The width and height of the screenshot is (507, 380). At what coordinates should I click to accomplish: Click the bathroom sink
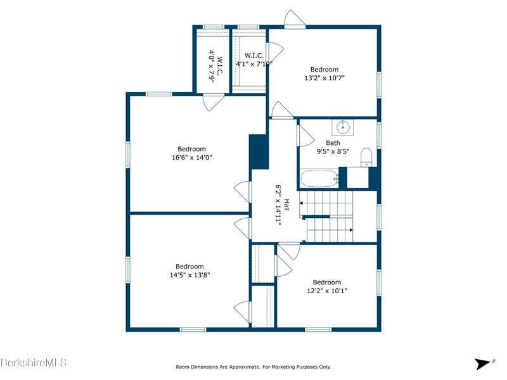pyautogui.click(x=343, y=127)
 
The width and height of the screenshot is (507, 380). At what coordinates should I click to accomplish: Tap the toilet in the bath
pyautogui.click(x=367, y=157)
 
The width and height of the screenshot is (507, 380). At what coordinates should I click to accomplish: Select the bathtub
pyautogui.click(x=319, y=179)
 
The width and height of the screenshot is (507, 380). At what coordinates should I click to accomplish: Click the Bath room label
pyautogui.click(x=333, y=143)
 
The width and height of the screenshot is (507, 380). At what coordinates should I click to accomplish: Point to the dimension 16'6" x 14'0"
pyautogui.click(x=192, y=158)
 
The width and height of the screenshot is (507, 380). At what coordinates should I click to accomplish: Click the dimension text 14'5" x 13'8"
pyautogui.click(x=189, y=275)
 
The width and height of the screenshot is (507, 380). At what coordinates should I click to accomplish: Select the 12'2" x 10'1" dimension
pyautogui.click(x=327, y=291)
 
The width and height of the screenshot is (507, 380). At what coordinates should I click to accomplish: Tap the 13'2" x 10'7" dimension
pyautogui.click(x=324, y=78)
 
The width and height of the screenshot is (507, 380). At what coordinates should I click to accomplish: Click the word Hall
pyautogui.click(x=286, y=205)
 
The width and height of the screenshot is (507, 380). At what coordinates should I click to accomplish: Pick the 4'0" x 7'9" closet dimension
pyautogui.click(x=212, y=67)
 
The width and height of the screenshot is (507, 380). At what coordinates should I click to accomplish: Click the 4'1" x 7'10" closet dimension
pyautogui.click(x=254, y=64)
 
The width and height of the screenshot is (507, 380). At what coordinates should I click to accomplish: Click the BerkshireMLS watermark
pyautogui.click(x=34, y=362)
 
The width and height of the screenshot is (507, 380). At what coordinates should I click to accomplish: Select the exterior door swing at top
pyautogui.click(x=295, y=19)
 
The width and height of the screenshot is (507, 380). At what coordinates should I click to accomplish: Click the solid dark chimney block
pyautogui.click(x=259, y=152)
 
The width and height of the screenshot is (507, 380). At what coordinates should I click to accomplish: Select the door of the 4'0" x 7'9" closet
pyautogui.click(x=213, y=103)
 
